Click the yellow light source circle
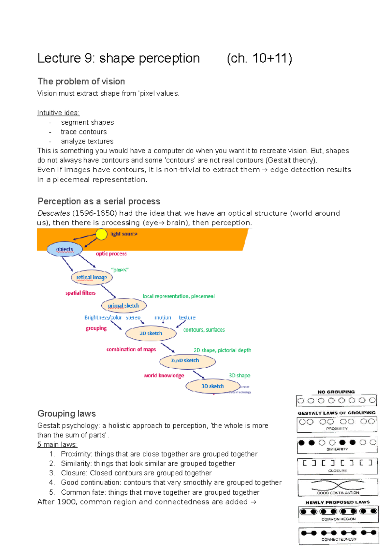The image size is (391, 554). tap(101, 234)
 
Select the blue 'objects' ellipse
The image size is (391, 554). tap(65, 249)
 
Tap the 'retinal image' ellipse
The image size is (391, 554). tap(92, 277)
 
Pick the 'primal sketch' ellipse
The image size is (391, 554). tap(123, 306)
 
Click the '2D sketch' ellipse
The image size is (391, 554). tap(151, 333)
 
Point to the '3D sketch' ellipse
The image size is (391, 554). tap(212, 386)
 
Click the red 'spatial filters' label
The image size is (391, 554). tap(80, 293)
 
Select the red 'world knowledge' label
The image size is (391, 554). tap(164, 376)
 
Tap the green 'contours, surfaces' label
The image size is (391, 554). tap(204, 330)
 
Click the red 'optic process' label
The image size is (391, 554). tap(111, 254)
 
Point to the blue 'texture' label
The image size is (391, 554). tap(187, 317)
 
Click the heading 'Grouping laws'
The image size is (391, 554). tap(66, 414)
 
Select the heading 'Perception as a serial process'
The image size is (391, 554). tap(99, 201)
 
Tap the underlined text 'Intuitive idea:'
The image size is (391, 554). tap(58, 113)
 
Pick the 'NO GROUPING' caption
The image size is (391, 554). tap(336, 392)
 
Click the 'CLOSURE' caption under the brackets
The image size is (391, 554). tap(337, 471)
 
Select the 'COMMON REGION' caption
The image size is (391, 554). tap(338, 519)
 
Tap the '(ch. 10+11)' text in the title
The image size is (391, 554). tap(259, 58)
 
